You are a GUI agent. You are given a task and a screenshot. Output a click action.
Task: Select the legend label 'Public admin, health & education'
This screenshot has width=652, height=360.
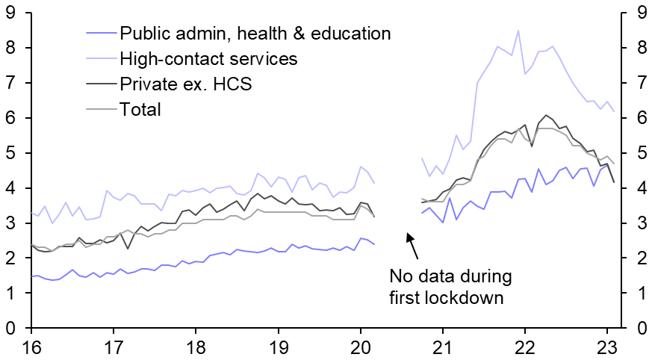(255, 34)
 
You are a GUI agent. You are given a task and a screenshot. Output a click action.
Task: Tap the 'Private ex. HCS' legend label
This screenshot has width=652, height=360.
(185, 84)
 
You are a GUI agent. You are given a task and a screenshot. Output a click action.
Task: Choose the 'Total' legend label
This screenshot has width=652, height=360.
(140, 110)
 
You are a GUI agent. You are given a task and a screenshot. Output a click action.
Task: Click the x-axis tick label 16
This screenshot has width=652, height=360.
(31, 349)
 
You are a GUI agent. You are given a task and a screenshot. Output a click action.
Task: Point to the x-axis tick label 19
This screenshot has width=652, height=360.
(278, 349)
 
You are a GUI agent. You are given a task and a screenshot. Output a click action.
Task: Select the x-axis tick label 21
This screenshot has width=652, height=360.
(443, 349)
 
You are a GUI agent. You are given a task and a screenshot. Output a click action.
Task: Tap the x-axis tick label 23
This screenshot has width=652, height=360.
(608, 349)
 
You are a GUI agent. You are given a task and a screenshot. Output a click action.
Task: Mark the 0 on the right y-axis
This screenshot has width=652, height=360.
(641, 329)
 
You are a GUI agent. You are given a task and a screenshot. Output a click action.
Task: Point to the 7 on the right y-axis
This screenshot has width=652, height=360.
(641, 83)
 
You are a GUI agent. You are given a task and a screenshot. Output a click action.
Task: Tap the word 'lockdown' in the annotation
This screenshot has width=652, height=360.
(474, 297)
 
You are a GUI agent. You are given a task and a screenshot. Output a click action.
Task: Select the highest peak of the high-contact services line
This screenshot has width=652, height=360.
(518, 31)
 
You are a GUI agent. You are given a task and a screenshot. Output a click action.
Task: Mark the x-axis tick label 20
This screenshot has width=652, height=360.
(361, 349)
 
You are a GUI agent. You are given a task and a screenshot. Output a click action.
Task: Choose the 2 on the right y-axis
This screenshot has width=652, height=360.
(641, 258)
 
